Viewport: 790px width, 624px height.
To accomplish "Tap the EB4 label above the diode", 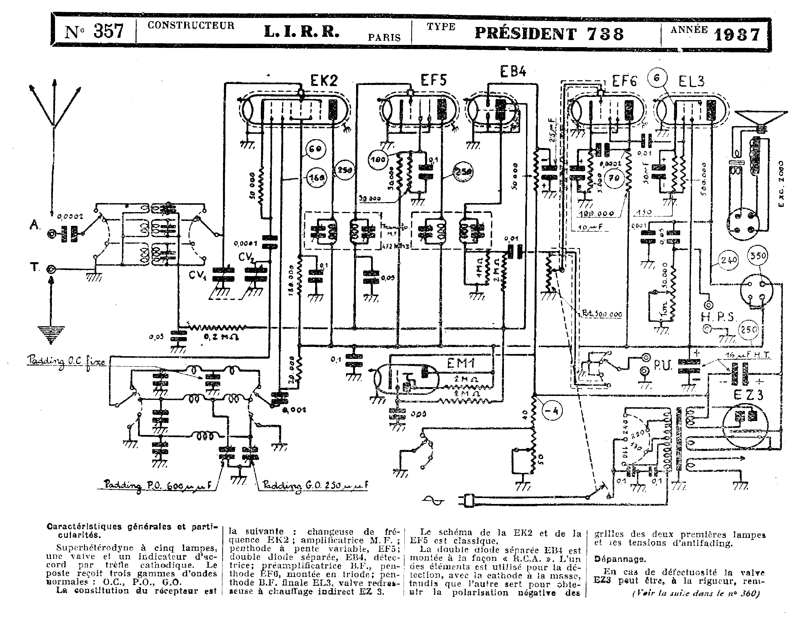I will click(513, 72).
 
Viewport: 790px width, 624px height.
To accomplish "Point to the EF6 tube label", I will click(624, 81).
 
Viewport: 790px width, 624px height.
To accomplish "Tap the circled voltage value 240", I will click(729, 260).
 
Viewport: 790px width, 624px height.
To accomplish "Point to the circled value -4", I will click(552, 411).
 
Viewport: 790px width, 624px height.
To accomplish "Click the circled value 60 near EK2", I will click(315, 149).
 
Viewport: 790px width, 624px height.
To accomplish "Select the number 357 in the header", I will click(109, 31).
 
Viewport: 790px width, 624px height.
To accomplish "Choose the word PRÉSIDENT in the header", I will click(525, 34).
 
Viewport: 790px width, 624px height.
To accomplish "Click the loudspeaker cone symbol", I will click(761, 119).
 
